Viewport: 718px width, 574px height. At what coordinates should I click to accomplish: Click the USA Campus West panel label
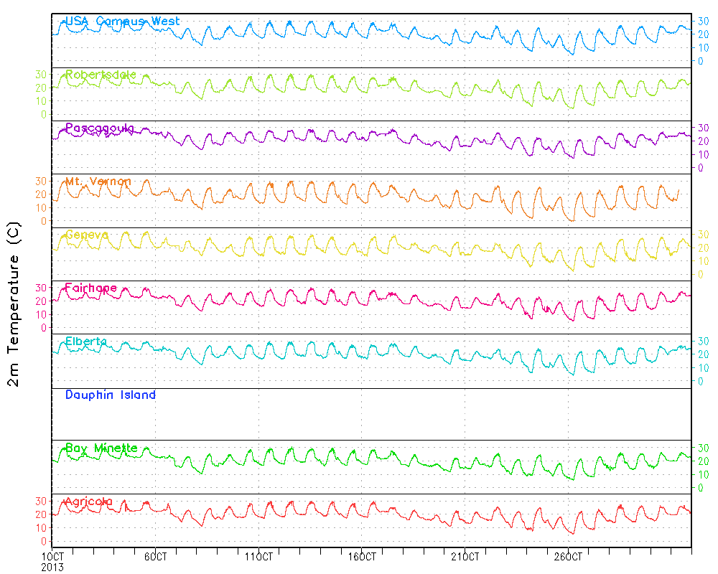pos(122,22)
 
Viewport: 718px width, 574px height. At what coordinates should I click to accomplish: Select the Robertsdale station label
pos(101,75)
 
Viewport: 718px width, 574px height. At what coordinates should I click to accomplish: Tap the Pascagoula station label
pos(99,128)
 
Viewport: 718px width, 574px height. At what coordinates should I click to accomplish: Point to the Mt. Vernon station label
pos(98,182)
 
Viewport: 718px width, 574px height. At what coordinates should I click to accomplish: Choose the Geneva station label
pos(87,235)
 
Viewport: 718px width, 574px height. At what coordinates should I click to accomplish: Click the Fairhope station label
pos(90,288)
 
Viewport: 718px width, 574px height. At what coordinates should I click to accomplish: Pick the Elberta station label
pos(85,342)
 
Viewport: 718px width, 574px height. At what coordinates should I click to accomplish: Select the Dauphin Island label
pos(110,395)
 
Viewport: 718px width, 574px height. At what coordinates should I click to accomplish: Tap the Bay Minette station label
pos(101,448)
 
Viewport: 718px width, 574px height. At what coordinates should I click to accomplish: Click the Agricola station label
pos(88,502)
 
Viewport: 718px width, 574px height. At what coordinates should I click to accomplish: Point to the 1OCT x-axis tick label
pos(53,556)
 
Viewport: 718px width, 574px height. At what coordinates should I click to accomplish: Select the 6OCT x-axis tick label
pos(156,556)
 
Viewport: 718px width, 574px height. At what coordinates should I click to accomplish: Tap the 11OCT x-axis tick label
pos(258,556)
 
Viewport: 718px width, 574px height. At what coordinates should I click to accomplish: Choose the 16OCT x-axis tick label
pos(362,556)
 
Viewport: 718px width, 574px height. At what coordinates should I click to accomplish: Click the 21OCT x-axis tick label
pos(465,556)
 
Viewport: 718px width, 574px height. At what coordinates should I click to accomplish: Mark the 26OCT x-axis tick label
pos(568,556)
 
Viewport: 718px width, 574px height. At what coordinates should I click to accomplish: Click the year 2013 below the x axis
pos(52,567)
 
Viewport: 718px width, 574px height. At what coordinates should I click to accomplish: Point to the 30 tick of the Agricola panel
pos(41,501)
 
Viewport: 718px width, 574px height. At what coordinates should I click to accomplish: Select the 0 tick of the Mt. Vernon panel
pos(44,221)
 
